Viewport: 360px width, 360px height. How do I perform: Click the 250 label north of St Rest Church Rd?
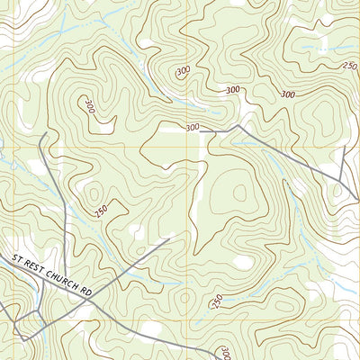tap(101, 210)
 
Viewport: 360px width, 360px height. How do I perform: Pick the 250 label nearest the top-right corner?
tap(349, 66)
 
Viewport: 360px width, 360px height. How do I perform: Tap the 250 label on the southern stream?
tap(216, 300)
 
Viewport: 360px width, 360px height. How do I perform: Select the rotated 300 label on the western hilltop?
tap(87, 105)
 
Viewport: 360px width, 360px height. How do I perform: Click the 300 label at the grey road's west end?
tap(192, 128)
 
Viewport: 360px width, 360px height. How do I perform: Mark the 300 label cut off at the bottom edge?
tap(225, 353)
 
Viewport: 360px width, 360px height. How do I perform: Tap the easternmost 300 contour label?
tap(288, 94)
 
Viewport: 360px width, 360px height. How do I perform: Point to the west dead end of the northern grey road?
tap(201, 132)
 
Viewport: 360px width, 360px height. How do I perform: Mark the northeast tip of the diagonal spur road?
tap(168, 238)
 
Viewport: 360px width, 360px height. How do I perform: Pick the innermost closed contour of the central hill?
tap(240, 191)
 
